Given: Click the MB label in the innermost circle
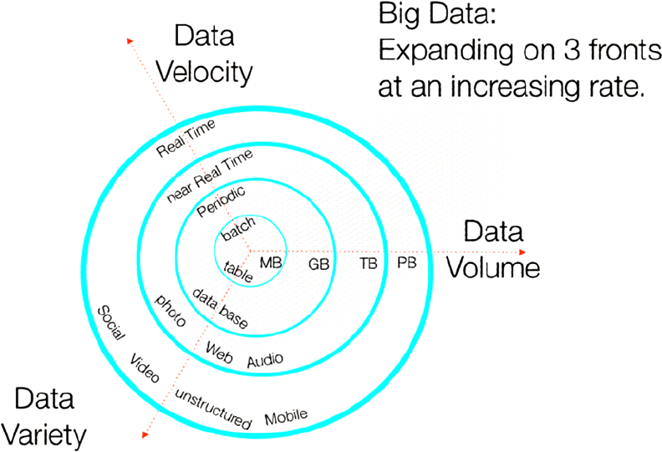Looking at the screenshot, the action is coord(271,263).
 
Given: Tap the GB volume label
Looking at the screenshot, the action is coord(318,264).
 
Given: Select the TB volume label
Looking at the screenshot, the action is coord(369,264).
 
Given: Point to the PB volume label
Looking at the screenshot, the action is coord(407,263).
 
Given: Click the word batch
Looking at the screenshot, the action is coord(238,229).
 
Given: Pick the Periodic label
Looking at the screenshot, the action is coord(221,201).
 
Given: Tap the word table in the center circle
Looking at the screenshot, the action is coord(238,272).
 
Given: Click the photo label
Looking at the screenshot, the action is coord(171,310).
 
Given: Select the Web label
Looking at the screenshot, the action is coord(219,353).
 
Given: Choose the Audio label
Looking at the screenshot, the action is coord(265,360).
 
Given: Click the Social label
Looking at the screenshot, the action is coord(111,322).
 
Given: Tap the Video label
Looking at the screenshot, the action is coord(145,368).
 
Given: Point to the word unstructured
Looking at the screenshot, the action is coord(213,409).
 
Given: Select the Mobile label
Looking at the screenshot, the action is coord(286,417).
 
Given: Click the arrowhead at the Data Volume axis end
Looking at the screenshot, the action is coord(522,252).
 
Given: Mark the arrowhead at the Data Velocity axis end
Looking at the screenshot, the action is coord(130,41).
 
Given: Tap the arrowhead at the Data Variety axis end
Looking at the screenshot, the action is coord(145,434).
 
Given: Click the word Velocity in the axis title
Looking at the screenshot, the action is coord(204,72).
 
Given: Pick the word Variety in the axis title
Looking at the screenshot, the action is coord(43,435).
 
